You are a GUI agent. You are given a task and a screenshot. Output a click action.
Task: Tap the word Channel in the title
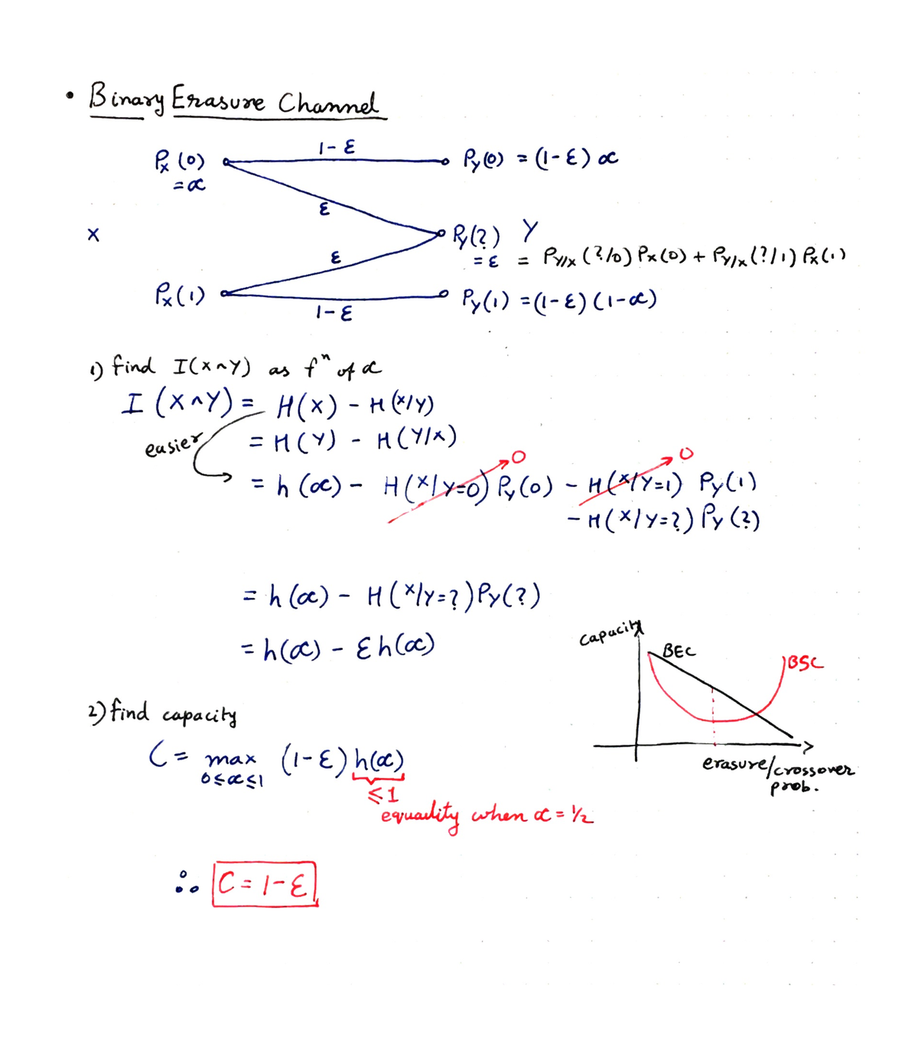pyautogui.click(x=327, y=103)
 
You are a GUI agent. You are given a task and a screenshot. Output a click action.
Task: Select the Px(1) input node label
pyautogui.click(x=180, y=295)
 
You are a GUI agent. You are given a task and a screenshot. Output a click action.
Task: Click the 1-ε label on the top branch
pyautogui.click(x=336, y=148)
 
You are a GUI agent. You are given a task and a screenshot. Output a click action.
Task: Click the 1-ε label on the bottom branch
pyautogui.click(x=334, y=312)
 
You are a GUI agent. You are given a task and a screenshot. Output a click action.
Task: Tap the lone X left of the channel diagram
pyautogui.click(x=93, y=235)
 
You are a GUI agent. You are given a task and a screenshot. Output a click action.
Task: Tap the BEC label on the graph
pyautogui.click(x=679, y=651)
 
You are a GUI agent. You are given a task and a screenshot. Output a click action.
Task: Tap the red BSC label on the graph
pyautogui.click(x=806, y=664)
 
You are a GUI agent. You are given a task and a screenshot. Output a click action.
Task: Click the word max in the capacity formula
pyautogui.click(x=230, y=758)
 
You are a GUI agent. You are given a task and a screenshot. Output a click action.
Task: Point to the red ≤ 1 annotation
pyautogui.click(x=383, y=795)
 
